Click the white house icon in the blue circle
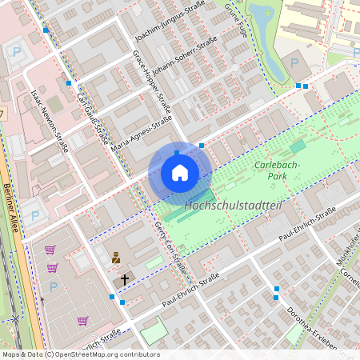(x=180, y=173)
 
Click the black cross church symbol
(x=124, y=280)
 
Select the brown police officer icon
(x=116, y=258)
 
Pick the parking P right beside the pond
(x=294, y=62)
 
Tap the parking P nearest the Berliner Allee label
(x=34, y=214)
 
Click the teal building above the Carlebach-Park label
(x=298, y=146)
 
